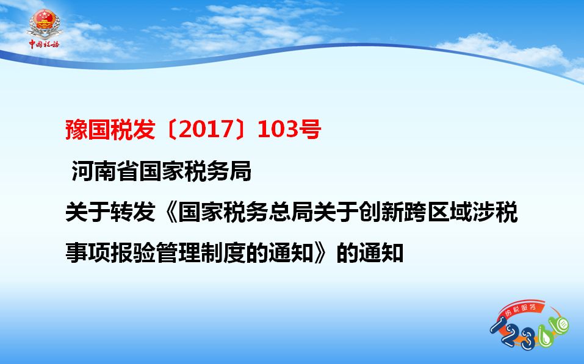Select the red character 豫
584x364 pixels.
pos(76,129)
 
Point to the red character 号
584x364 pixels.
pos(309,129)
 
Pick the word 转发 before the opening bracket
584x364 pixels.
pos(132,212)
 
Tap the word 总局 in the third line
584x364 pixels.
pos(291,212)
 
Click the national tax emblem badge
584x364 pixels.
pos(45,23)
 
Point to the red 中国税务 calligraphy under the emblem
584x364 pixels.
pos(45,45)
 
